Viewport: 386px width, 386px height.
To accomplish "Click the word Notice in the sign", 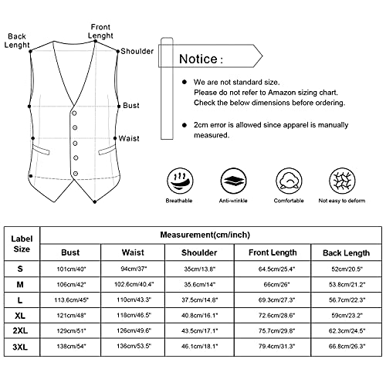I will click(x=200, y=59).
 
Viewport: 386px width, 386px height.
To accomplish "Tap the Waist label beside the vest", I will click(x=129, y=140).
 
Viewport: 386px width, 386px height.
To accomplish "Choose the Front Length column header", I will click(x=270, y=252).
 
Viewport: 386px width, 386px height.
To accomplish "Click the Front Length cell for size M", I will click(x=270, y=283).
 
